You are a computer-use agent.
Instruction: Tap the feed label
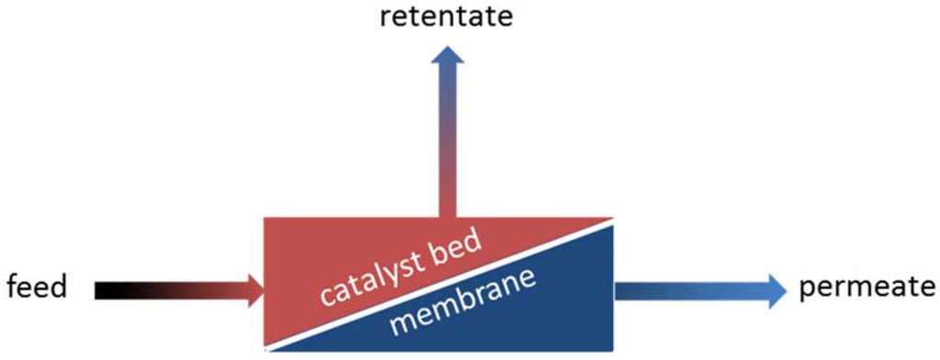[x=37, y=288]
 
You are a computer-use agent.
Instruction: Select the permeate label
[x=866, y=287]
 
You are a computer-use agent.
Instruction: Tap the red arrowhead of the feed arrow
[x=252, y=290]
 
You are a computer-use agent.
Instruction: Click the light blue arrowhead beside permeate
[x=777, y=290]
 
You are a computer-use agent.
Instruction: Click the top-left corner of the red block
[x=265, y=219]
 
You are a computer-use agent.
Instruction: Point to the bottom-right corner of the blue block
[x=611, y=350]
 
